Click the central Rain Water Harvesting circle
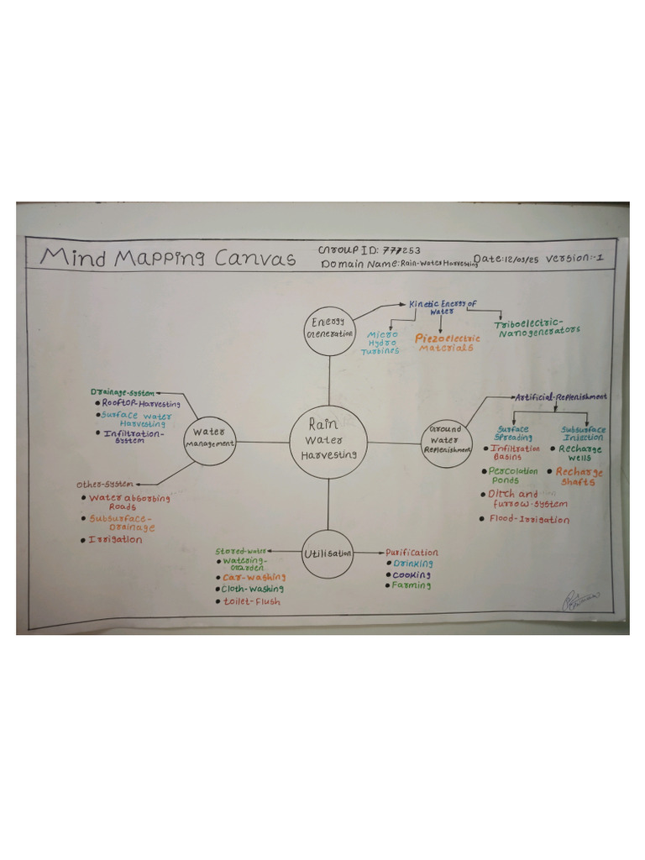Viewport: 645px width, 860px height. coord(329,442)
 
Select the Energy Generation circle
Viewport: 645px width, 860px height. coord(328,329)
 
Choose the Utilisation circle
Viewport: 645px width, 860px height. coord(328,553)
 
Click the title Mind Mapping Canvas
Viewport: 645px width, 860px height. coord(168,257)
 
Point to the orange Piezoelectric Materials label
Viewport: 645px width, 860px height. coord(448,343)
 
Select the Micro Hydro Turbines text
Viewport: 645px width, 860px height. coord(380,343)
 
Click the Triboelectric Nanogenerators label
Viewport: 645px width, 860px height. coord(538,328)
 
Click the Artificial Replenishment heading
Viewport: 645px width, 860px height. coord(560,396)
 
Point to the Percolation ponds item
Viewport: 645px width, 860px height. coord(514,475)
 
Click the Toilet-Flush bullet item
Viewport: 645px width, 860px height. coord(251,601)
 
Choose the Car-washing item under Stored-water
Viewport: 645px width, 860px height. coord(254,577)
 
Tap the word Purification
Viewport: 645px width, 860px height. coord(412,553)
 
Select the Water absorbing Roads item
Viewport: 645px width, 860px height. coord(128,501)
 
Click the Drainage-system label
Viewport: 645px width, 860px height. coord(123,392)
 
